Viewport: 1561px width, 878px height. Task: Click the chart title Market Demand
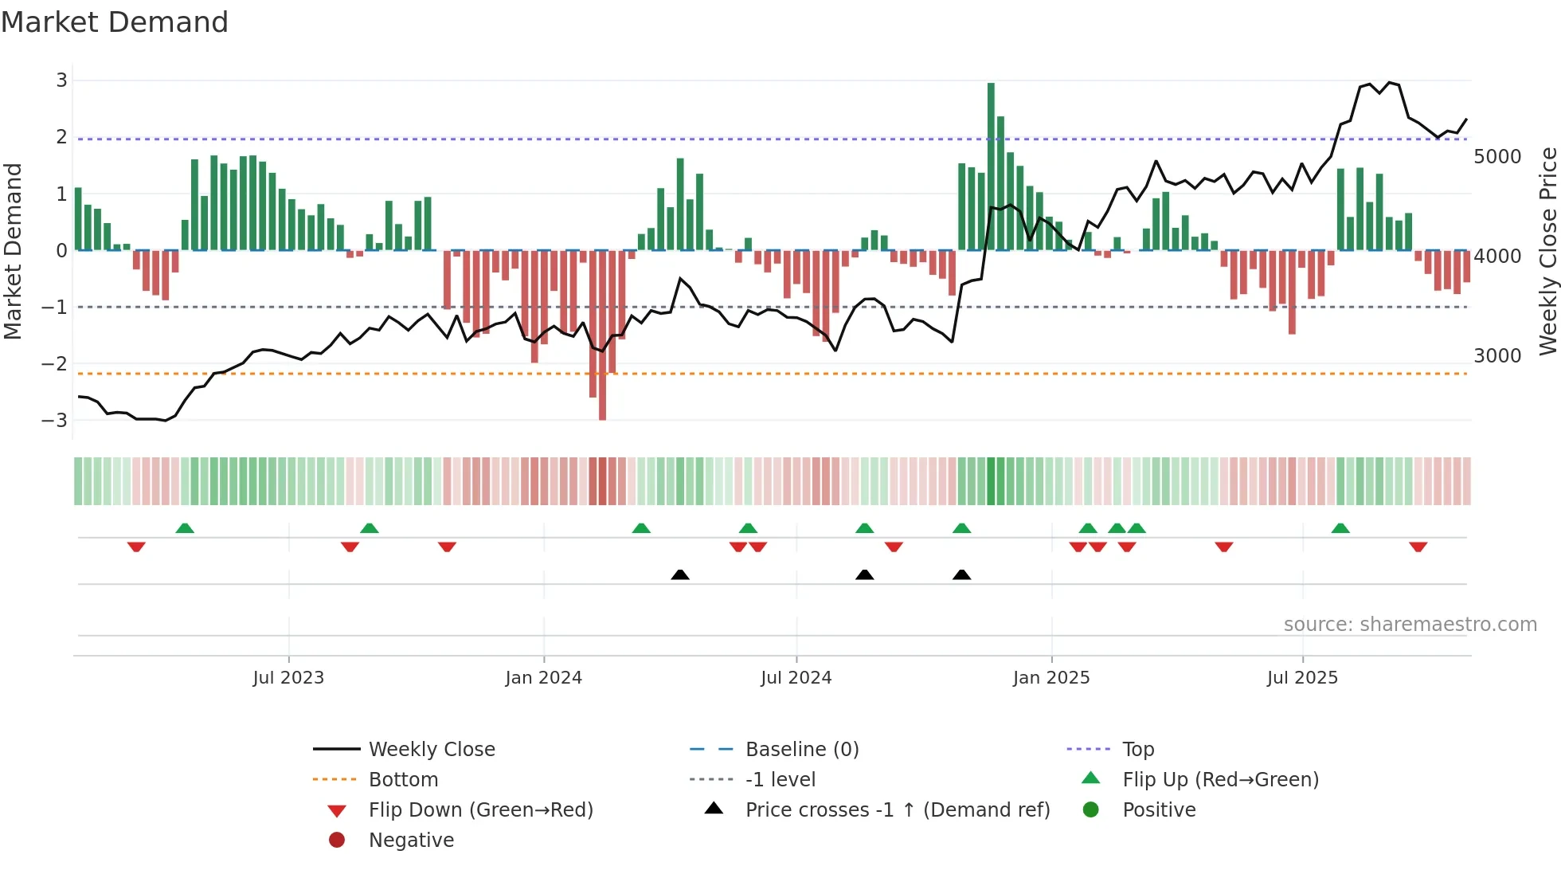tap(115, 22)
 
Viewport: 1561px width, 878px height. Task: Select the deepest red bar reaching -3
tap(602, 335)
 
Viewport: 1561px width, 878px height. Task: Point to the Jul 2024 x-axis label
tap(796, 678)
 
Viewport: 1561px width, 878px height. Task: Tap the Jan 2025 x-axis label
tap(1050, 678)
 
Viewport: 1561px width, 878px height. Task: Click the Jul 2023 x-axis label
tap(288, 678)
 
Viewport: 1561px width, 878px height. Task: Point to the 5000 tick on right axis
tap(1496, 157)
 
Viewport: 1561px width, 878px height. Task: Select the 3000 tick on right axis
tap(1496, 356)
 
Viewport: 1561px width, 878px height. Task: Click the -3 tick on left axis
tap(55, 420)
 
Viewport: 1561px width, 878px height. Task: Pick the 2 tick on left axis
tap(61, 137)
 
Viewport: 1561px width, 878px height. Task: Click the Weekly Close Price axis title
tap(1547, 251)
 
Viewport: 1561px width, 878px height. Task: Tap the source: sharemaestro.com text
tap(1410, 625)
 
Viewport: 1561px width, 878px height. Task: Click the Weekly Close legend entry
tap(431, 750)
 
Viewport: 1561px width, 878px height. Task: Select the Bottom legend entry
tap(403, 780)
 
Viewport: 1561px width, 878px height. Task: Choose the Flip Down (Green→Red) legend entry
tap(480, 810)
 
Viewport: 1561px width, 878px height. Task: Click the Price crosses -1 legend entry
tap(897, 810)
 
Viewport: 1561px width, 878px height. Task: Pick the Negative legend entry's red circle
tap(337, 841)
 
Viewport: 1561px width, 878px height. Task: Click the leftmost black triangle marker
tap(680, 574)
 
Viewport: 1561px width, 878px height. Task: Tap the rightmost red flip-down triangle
tap(1418, 547)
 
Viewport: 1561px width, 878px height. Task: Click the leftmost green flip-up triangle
tap(185, 528)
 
